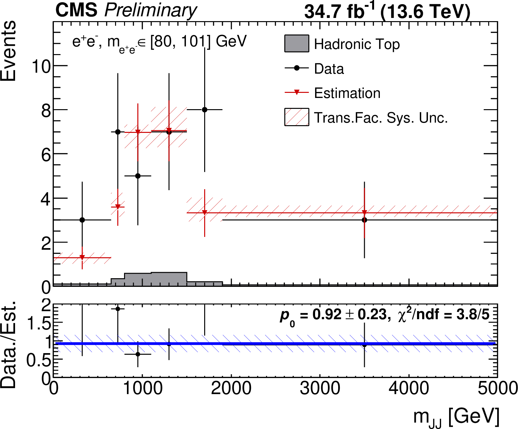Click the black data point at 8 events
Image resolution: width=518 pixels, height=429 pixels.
(x=205, y=110)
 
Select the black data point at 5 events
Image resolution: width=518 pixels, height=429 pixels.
(x=138, y=176)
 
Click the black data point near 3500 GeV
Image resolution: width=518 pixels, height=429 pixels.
(x=364, y=220)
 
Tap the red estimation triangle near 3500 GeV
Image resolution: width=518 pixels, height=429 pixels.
(x=364, y=212)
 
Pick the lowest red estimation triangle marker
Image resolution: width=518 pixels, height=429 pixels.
(x=82, y=257)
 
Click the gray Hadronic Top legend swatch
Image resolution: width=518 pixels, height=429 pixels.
(x=297, y=44)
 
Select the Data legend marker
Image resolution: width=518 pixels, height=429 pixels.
(x=297, y=68)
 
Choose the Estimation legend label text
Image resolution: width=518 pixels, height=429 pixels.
(x=347, y=93)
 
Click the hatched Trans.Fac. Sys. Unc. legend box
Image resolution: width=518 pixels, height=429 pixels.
(x=297, y=117)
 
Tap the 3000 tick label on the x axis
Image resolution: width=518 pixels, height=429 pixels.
(x=320, y=388)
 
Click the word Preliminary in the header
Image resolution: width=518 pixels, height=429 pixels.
(x=151, y=11)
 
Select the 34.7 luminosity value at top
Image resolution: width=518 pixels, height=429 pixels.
(x=324, y=12)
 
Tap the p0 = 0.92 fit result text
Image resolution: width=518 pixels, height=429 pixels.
(x=333, y=315)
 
